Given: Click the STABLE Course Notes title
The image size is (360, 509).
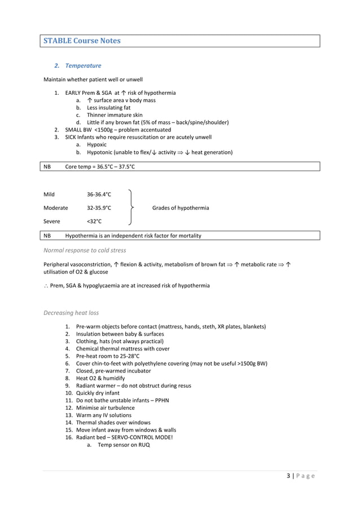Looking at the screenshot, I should [x=82, y=41].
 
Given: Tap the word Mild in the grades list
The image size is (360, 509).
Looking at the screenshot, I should [x=49, y=195].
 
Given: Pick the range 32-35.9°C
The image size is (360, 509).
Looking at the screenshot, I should [x=99, y=208].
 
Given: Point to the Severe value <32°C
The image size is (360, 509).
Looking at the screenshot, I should [x=94, y=222].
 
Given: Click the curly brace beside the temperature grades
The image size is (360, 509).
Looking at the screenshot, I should [x=131, y=208].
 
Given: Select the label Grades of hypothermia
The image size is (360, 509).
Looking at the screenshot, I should [x=180, y=208].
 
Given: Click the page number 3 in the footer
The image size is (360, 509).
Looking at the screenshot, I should [x=288, y=476].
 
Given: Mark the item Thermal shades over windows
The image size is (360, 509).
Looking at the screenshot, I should [x=113, y=422].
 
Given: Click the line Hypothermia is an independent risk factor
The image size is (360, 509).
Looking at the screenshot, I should [x=133, y=235].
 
